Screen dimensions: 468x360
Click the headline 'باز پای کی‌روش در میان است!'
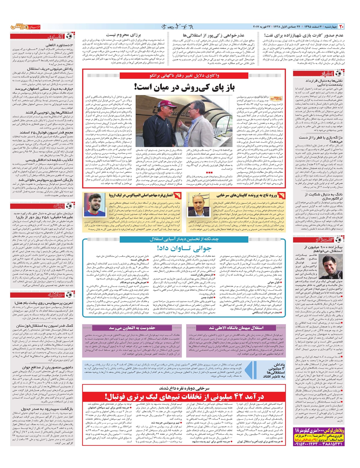tap(184, 88)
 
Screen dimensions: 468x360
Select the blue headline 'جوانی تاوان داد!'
tap(184, 248)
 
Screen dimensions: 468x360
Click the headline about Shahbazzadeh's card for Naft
tap(304, 35)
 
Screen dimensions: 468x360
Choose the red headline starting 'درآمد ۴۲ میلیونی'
tap(184, 397)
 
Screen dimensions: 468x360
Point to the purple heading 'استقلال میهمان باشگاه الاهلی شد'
tap(236, 328)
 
